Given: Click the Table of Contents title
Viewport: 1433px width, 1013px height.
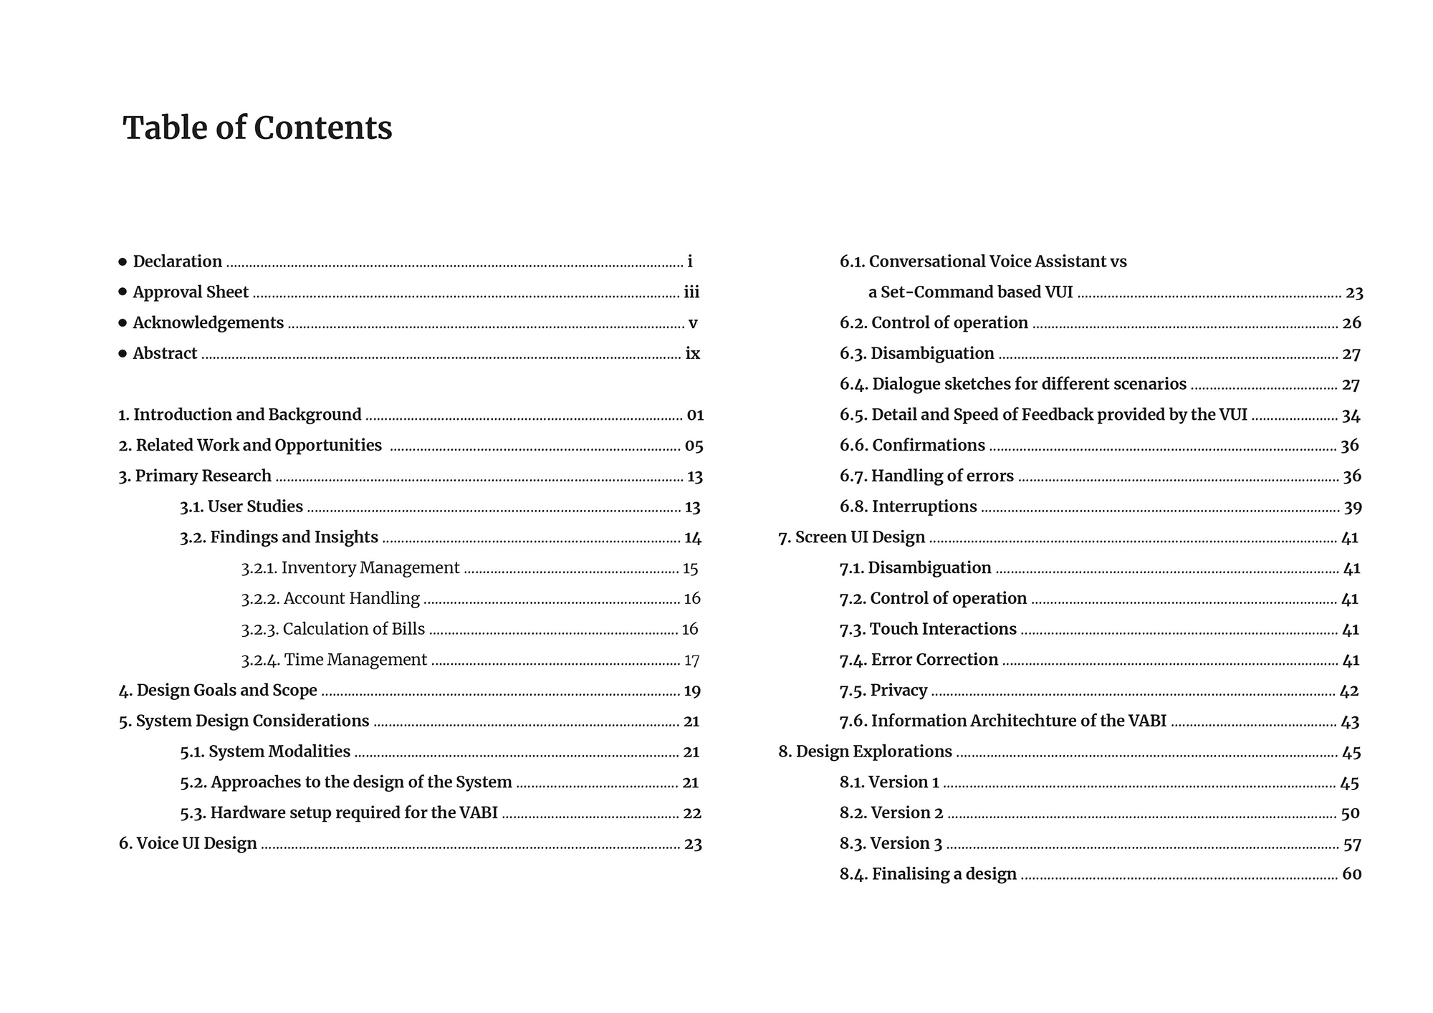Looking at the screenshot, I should click(257, 128).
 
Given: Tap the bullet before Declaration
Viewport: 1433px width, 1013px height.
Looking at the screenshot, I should click(123, 262).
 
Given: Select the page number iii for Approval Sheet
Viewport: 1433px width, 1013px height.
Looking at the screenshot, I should click(691, 292).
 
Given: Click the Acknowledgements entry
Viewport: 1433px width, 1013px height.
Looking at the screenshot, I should click(208, 323).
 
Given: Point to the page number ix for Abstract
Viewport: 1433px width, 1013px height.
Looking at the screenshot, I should click(693, 354).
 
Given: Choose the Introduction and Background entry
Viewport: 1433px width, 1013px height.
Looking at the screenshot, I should click(240, 415).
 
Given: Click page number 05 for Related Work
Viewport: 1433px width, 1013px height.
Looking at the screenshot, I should click(694, 446).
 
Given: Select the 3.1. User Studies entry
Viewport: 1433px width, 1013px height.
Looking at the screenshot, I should click(241, 506).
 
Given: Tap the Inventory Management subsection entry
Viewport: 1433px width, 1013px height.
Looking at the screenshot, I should click(350, 568).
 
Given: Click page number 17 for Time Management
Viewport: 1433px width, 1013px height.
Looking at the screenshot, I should click(691, 660).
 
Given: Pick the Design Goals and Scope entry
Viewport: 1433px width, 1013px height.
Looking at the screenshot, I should click(218, 691).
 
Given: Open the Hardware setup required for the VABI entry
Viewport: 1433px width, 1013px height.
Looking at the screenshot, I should click(339, 813).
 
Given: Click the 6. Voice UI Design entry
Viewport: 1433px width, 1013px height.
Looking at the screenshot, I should click(188, 843).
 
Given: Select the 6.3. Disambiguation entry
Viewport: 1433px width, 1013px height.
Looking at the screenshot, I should click(917, 354).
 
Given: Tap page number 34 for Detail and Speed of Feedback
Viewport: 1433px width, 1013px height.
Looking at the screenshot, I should click(1351, 416).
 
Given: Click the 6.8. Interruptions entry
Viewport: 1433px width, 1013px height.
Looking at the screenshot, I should click(909, 506).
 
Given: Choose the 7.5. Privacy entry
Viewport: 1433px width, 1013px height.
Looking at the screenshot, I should click(883, 691).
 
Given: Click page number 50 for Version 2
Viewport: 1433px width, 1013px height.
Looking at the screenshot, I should click(1350, 813).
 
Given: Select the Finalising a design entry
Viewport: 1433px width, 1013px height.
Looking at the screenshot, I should click(929, 874).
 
